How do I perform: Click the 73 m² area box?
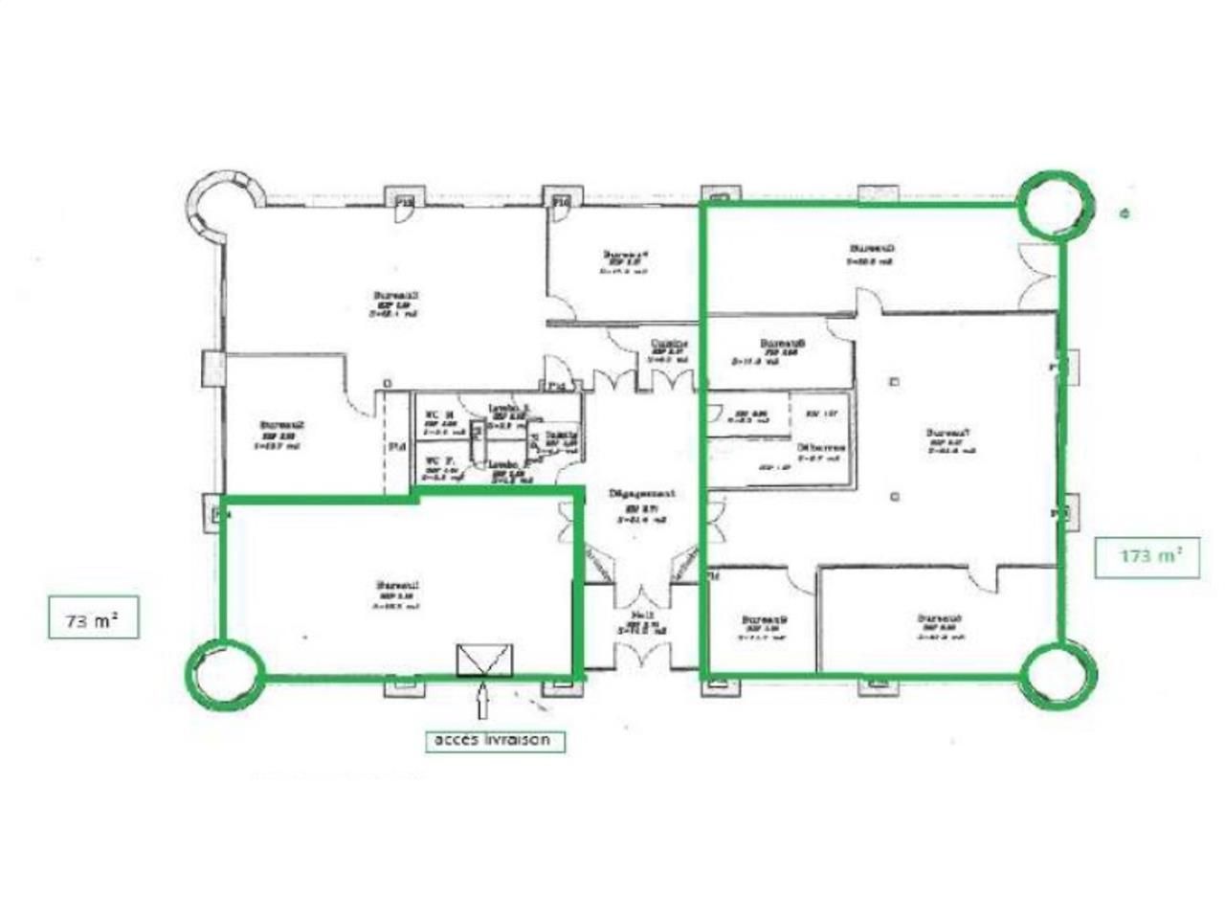pos(93,618)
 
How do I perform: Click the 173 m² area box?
pos(1147,555)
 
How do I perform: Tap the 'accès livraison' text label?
pos(494,740)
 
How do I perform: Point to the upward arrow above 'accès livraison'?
pos(482,703)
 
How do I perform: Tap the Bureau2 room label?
pos(283,426)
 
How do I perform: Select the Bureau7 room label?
pos(948,434)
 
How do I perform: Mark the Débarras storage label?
pos(821,447)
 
